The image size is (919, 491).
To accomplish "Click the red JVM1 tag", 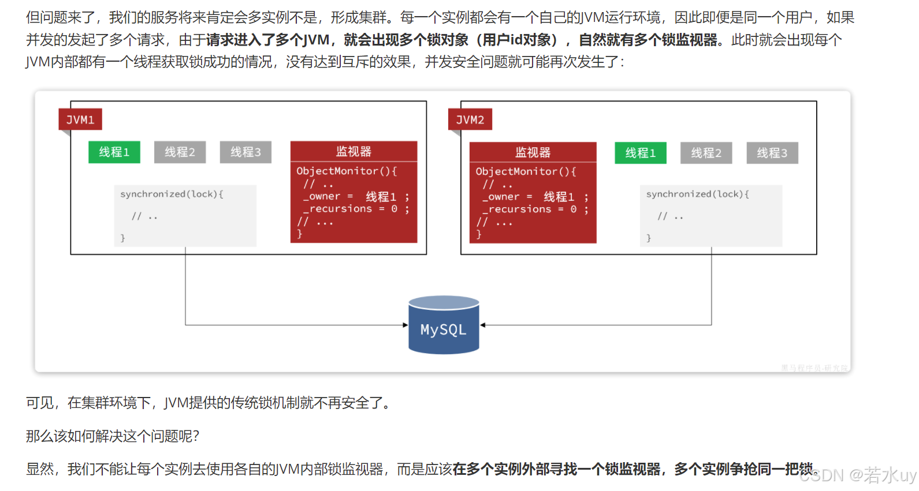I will [x=80, y=119].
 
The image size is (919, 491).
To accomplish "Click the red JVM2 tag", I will [x=470, y=119].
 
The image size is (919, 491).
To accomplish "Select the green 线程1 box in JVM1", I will [x=114, y=152].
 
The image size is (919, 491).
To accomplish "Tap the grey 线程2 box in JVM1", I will [x=180, y=152].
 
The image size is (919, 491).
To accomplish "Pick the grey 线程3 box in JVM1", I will [x=245, y=152].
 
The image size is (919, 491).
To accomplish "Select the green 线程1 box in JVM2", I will [x=640, y=153].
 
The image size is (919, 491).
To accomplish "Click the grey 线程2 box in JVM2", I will [x=706, y=153].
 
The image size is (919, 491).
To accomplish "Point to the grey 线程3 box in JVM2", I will [x=772, y=153].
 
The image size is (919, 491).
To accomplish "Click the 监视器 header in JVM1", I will [x=354, y=151].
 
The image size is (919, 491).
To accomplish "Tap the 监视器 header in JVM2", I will [x=533, y=152].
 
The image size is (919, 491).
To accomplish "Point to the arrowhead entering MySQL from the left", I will [x=405, y=325].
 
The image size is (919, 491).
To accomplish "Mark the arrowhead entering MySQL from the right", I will [x=483, y=325].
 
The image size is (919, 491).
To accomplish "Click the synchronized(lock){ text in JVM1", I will [x=172, y=194].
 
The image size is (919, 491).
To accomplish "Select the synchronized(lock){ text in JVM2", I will [x=697, y=194].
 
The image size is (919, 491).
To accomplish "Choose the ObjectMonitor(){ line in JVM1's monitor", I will [x=347, y=171].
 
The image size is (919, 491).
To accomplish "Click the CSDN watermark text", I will [x=857, y=475].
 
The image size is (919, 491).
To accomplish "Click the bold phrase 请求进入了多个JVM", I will [x=268, y=40].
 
